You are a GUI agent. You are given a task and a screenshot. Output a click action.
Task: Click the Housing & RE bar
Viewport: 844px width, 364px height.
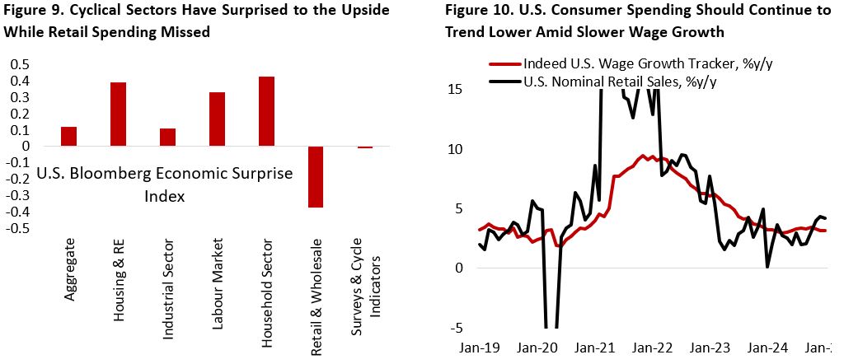[119, 114]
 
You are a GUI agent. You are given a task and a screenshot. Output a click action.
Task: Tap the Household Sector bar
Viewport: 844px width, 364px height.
[267, 111]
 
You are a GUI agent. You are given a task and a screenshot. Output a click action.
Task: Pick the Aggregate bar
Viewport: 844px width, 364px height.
[69, 137]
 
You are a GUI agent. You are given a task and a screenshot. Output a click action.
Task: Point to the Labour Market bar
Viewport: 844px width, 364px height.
[218, 119]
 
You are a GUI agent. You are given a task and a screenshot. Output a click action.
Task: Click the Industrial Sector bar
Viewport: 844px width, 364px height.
[168, 138]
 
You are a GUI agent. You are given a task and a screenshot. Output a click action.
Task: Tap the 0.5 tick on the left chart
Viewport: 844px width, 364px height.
[19, 64]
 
